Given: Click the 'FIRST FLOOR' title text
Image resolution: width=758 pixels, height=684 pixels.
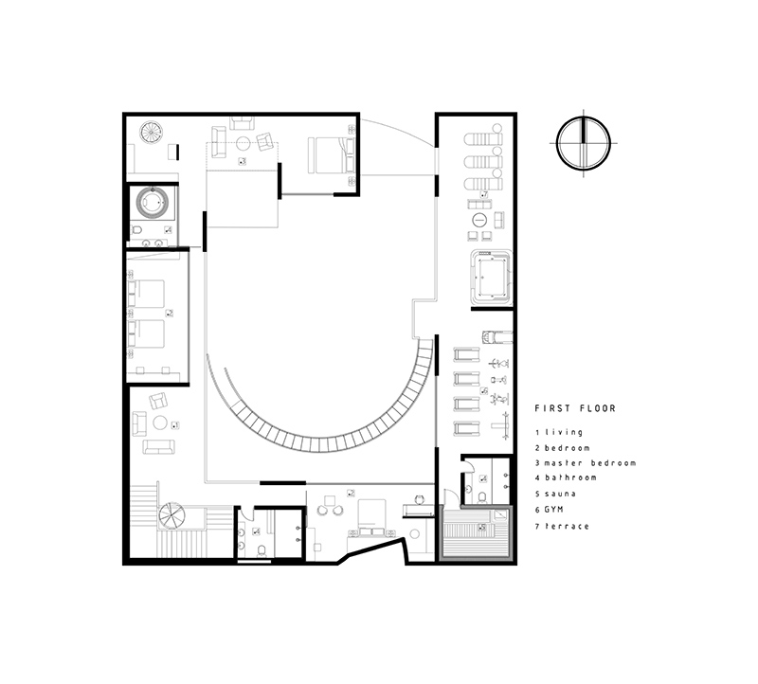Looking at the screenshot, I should tap(575, 409).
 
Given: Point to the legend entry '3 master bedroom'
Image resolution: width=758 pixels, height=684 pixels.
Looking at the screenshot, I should tap(585, 462).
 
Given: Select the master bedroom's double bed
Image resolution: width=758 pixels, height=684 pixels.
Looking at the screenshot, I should tap(331, 153).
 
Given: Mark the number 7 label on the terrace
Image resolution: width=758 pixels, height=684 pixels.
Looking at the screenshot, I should tap(484, 195).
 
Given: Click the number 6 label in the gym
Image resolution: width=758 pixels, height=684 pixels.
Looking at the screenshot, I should tap(484, 390).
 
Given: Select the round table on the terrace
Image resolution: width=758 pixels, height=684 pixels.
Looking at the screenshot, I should tap(480, 220).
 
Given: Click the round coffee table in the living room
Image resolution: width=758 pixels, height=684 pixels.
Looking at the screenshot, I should tap(160, 423).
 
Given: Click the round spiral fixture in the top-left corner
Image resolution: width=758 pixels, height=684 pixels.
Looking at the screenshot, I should tap(152, 132).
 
